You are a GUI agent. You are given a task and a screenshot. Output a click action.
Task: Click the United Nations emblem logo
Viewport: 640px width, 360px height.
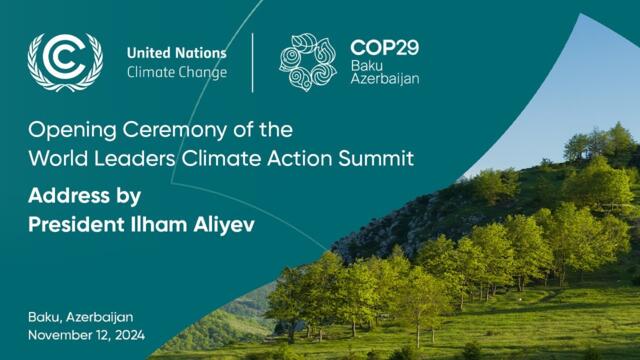point(65,62)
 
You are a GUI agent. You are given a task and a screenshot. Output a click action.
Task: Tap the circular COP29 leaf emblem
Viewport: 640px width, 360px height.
point(307,62)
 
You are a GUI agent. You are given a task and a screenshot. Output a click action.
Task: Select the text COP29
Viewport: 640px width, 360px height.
point(385,47)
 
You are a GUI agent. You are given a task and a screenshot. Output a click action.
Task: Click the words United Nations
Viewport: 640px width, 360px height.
point(177,53)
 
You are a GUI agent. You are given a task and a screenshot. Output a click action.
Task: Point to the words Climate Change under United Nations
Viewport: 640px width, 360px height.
point(177,72)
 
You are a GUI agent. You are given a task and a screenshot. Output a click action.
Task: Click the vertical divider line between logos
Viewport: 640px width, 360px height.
point(253,62)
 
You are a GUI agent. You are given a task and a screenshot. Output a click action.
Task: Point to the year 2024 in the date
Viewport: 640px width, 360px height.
point(129,335)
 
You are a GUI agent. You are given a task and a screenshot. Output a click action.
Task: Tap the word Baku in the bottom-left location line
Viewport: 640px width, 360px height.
point(45,317)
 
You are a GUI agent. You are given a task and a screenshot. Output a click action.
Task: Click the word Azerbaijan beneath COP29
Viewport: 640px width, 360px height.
point(385,78)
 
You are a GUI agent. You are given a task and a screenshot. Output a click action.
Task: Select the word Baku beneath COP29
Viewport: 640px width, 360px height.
point(366,64)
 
